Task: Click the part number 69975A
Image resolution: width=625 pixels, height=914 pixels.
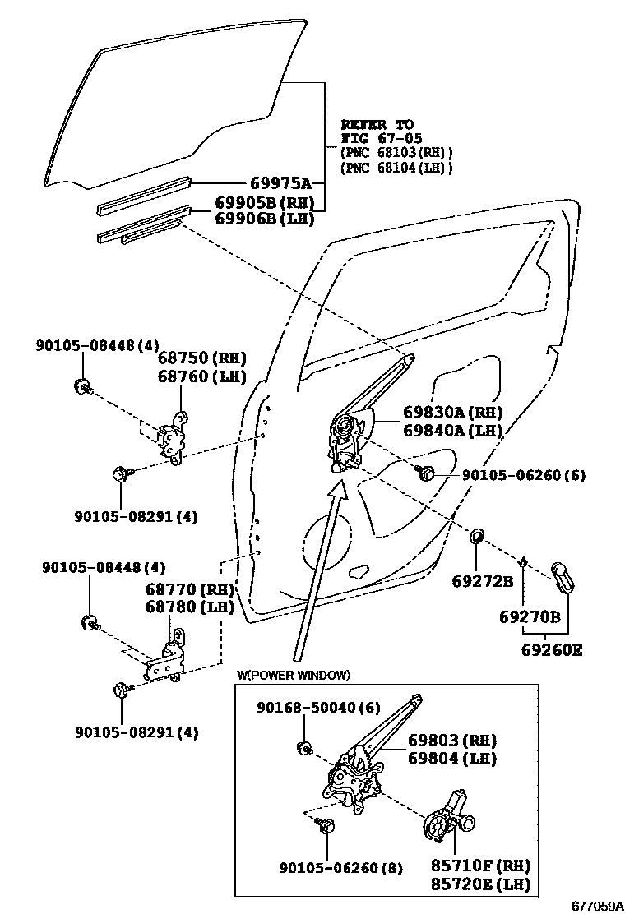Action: [280, 184]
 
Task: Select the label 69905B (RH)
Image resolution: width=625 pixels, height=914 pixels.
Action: [264, 203]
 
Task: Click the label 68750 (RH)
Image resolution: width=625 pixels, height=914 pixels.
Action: [201, 358]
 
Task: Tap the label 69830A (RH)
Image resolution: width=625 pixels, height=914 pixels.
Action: [452, 413]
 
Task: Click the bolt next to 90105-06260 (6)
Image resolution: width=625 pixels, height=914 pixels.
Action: [425, 473]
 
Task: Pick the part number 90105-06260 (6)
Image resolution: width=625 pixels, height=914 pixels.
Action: [523, 476]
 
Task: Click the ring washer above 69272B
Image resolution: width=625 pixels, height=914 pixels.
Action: [476, 539]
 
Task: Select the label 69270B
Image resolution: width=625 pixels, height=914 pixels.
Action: [530, 616]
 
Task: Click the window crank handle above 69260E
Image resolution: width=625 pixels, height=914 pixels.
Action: [565, 577]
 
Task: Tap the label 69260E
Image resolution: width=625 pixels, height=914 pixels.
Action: [550, 650]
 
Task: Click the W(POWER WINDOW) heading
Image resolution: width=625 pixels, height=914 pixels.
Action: [294, 676]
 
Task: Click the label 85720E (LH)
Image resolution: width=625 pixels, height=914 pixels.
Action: [480, 884]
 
